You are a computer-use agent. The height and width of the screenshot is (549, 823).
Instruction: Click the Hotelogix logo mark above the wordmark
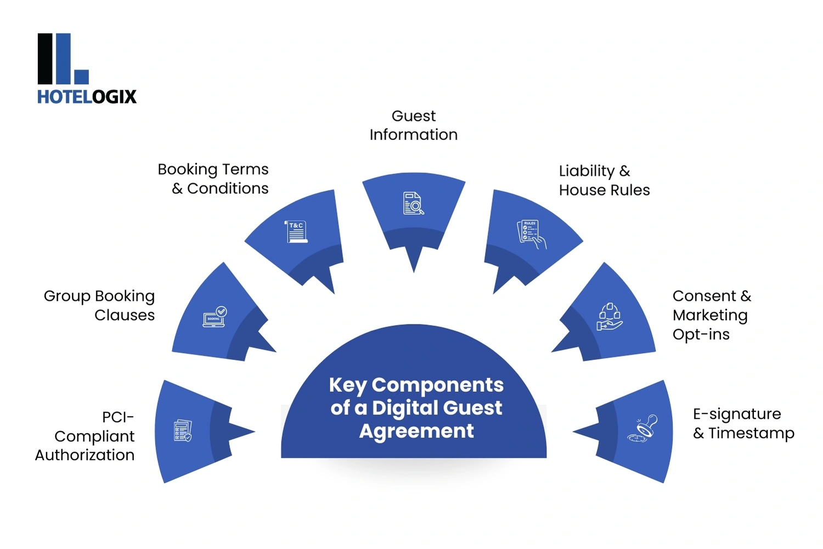[x=63, y=59]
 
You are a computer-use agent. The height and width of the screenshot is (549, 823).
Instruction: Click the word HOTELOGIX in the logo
[x=87, y=97]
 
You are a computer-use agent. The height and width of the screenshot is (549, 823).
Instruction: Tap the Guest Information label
[x=413, y=125]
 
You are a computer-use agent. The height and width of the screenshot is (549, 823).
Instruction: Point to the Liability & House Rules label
[x=604, y=180]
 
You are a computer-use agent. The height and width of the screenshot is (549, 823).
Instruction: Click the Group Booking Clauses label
[x=99, y=305]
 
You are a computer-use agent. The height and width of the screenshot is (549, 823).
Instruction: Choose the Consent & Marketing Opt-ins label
[x=712, y=315]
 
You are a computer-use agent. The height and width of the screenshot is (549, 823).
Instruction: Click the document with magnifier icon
[x=414, y=203]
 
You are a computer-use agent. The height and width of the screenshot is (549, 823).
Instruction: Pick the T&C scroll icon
[x=296, y=232]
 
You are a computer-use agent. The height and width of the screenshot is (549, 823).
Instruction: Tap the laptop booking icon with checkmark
[x=215, y=317]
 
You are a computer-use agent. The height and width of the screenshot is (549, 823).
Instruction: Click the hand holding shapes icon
[x=609, y=317]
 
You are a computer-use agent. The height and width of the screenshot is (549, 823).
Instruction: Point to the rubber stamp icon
[x=642, y=429]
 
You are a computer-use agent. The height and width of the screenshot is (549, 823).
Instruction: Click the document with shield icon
[x=183, y=431]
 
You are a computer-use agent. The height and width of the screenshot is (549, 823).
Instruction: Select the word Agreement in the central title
[x=416, y=432]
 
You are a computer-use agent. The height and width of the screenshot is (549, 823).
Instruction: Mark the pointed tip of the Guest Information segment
[x=414, y=271]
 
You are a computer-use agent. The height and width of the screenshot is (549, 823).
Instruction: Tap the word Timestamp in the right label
[x=751, y=433]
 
